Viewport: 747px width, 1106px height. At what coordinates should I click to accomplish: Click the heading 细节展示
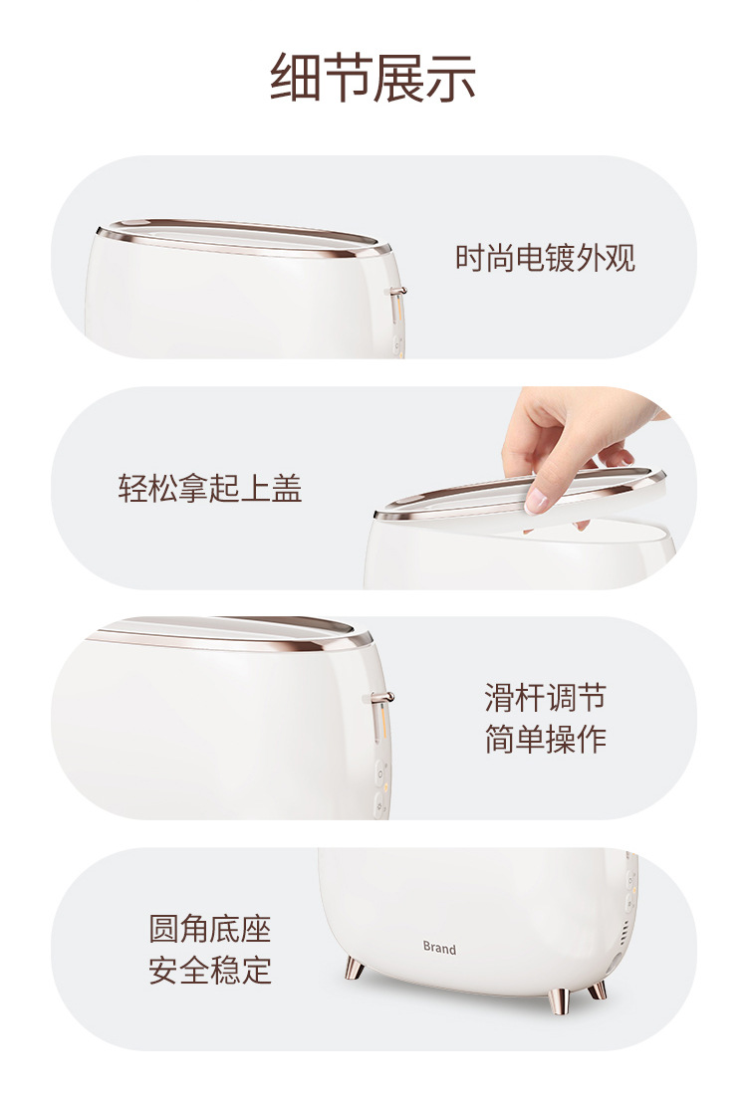[x=373, y=79]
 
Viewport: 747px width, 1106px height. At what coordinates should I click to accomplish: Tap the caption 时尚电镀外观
[x=545, y=258]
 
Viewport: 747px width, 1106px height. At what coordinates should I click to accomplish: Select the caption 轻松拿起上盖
[x=209, y=488]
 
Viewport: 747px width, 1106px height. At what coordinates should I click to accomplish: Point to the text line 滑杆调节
[x=545, y=697]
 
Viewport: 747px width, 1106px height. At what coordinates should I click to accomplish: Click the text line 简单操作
[x=545, y=740]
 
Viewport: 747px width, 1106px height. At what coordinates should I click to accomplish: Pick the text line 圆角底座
[x=209, y=929]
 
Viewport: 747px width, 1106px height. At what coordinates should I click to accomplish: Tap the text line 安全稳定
[x=209, y=970]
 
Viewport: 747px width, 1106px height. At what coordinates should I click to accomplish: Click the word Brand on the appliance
[x=439, y=949]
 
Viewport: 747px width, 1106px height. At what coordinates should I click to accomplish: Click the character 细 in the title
[x=296, y=79]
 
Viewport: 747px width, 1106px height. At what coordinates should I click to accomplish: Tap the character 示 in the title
[x=451, y=79]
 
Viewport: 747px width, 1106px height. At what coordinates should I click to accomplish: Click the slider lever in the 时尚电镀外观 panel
[x=396, y=292]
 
